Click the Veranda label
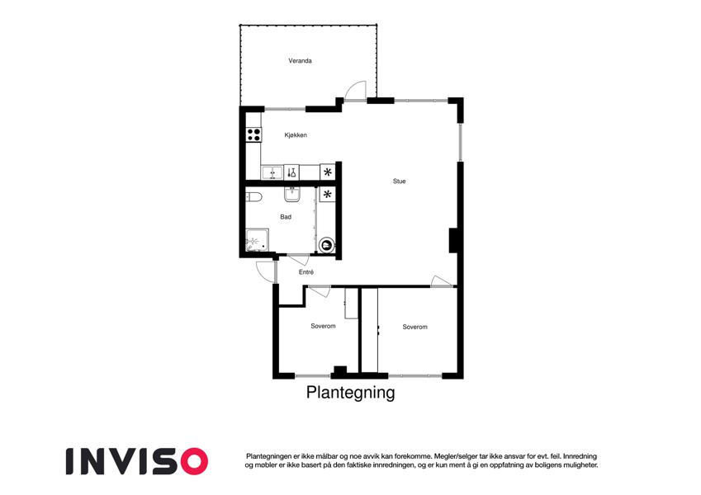click(x=300, y=61)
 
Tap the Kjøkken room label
click(x=296, y=135)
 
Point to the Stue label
click(x=400, y=181)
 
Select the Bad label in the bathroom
click(x=286, y=217)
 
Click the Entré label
click(x=306, y=272)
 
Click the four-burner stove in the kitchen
click(x=253, y=134)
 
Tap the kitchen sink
click(x=272, y=172)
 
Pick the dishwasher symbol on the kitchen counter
click(x=291, y=172)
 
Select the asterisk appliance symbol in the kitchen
click(x=328, y=172)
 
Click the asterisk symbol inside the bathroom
click(x=328, y=195)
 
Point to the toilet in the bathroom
click(x=253, y=196)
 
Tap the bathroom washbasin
click(x=292, y=195)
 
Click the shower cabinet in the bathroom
click(x=257, y=241)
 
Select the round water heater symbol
click(x=327, y=245)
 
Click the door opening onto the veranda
click(x=356, y=91)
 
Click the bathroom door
click(x=298, y=260)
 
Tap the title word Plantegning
click(x=350, y=392)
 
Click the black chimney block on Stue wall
click(x=452, y=241)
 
